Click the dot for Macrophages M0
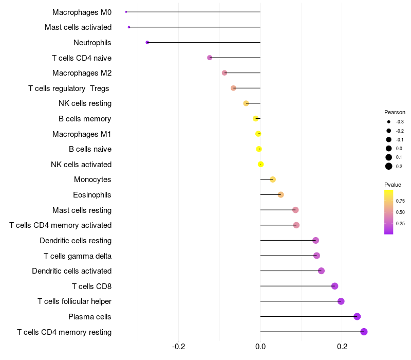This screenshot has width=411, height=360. (x=126, y=12)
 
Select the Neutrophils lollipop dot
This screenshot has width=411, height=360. (x=147, y=42)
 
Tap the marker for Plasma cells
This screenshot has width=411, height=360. (x=357, y=316)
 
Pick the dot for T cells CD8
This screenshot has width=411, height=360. (x=335, y=286)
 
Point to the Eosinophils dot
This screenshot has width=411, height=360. (x=281, y=195)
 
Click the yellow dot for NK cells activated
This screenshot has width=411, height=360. (x=261, y=164)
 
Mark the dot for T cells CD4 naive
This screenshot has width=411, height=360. (x=210, y=58)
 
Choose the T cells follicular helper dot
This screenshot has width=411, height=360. (x=341, y=301)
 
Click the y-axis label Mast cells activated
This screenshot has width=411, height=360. (x=78, y=27)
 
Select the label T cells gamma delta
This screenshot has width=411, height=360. (x=78, y=256)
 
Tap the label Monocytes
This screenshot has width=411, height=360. (x=92, y=179)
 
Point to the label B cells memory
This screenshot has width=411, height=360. (x=85, y=119)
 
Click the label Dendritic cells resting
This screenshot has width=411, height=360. (x=76, y=241)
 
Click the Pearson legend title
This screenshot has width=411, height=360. (x=395, y=112)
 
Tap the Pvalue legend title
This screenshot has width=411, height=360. (x=393, y=185)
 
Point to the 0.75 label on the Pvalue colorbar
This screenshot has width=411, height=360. (x=400, y=201)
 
